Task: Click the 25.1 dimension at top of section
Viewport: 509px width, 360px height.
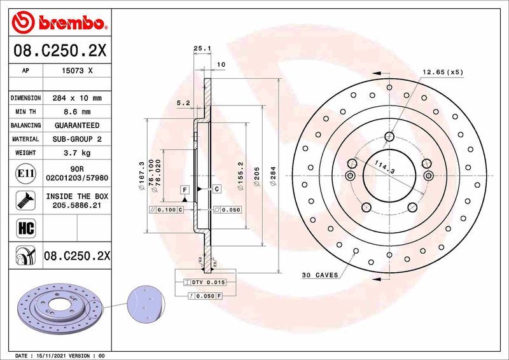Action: click(202, 48)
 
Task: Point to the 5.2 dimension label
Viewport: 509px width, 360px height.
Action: click(183, 102)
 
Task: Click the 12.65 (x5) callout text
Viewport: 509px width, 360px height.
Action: click(443, 72)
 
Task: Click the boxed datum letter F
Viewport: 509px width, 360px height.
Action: click(185, 190)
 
